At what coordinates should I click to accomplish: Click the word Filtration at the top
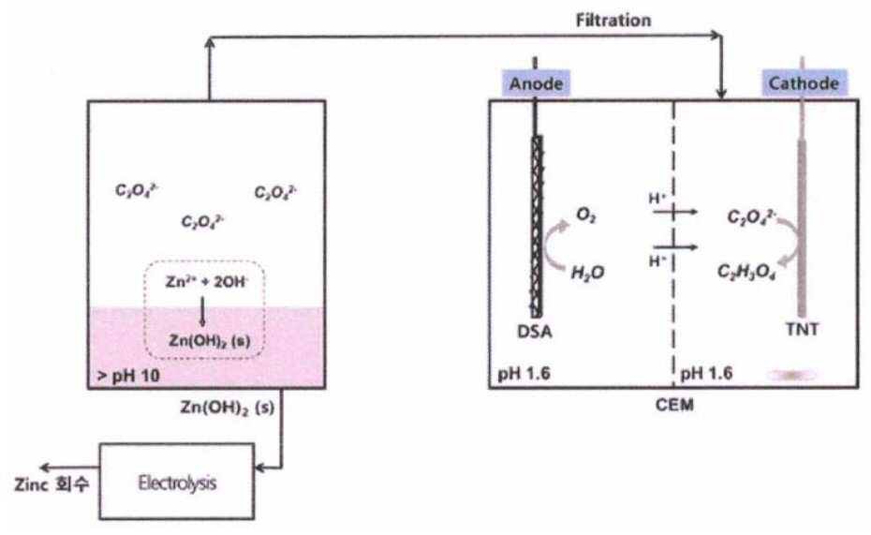[x=613, y=21]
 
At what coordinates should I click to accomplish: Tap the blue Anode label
[x=536, y=83]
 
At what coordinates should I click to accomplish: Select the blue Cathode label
[x=804, y=83]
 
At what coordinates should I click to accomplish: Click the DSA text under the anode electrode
[x=535, y=332]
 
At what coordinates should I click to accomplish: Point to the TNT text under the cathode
[x=802, y=330]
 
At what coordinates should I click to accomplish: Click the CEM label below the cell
[x=674, y=405]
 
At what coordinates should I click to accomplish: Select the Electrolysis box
[x=177, y=481]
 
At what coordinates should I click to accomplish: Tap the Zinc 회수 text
[x=52, y=483]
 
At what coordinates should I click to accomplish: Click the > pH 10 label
[x=128, y=376]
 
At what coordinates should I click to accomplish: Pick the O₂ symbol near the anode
[x=586, y=215]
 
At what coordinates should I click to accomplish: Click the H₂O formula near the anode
[x=588, y=273]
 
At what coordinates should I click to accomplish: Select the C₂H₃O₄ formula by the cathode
[x=746, y=272]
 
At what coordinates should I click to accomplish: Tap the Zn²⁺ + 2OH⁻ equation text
[x=206, y=282]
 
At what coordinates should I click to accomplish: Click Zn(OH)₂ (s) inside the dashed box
[x=210, y=340]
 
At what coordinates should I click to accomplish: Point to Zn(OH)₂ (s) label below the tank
[x=228, y=408]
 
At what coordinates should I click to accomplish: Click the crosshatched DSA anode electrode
[x=537, y=227]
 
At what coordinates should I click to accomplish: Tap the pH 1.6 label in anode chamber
[x=524, y=373]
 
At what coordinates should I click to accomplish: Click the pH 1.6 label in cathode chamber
[x=706, y=373]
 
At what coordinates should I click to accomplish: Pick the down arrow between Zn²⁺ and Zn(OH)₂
[x=202, y=312]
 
